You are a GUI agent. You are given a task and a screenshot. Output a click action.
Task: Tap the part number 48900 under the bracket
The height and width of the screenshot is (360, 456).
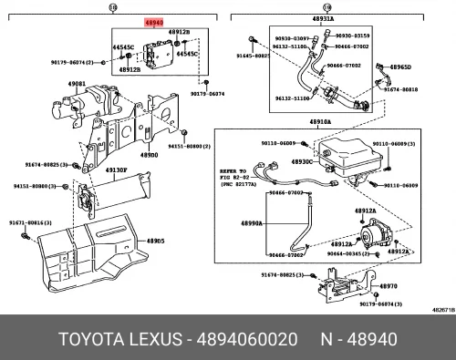point(149,156)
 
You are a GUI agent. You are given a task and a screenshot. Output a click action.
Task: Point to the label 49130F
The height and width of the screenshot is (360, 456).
point(115,170)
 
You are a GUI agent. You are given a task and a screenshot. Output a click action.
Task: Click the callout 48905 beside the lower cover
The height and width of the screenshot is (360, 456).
point(153,242)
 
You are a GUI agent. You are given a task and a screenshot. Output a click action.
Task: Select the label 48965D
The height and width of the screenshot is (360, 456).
point(401,67)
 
